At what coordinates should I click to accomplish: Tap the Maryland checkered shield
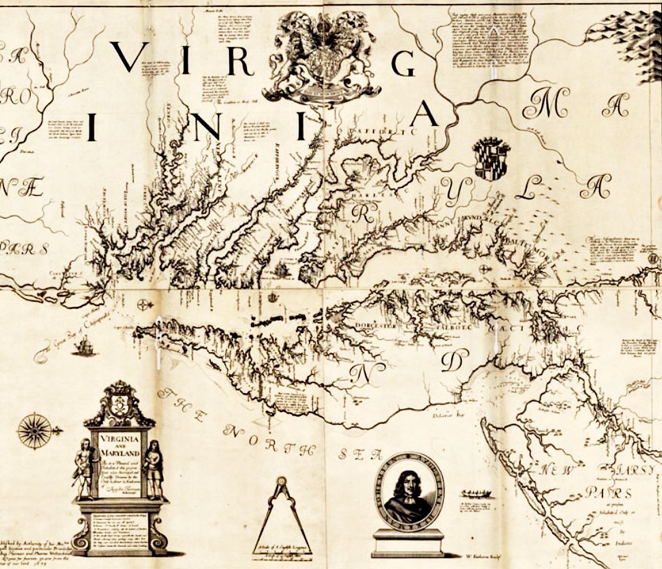[491, 159]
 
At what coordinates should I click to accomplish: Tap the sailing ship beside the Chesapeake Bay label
[84, 347]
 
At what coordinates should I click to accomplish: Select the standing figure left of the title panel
[84, 469]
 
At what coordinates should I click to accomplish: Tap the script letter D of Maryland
[451, 361]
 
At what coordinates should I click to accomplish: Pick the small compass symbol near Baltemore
[484, 269]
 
